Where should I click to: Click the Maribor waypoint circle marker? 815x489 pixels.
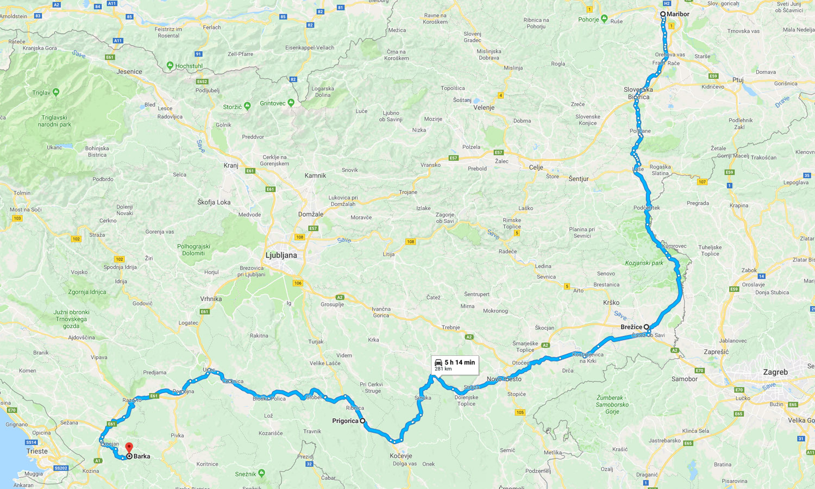point(663,14)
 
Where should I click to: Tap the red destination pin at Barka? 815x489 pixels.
point(129,448)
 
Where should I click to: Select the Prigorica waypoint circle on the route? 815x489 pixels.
point(362,421)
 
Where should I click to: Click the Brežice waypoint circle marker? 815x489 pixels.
point(647,327)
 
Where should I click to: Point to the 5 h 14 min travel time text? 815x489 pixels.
point(459,362)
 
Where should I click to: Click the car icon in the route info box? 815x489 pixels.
point(438,362)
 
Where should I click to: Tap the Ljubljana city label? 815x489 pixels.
point(281,255)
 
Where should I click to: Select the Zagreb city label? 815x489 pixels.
point(775,372)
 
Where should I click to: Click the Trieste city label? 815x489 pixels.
point(37,451)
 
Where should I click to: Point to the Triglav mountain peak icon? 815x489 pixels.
point(55,92)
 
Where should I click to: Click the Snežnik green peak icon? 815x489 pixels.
point(261,473)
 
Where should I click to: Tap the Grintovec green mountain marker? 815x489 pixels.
point(291,103)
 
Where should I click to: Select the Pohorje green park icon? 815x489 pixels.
point(604,19)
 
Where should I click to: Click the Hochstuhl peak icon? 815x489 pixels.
point(170,66)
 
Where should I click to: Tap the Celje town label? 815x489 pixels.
point(536,167)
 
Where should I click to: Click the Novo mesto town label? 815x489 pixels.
point(504,379)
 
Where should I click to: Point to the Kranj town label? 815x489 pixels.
point(231,166)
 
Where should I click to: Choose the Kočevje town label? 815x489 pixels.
point(401,456)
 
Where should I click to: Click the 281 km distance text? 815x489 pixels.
point(443,369)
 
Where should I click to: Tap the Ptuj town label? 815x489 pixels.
point(737,80)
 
